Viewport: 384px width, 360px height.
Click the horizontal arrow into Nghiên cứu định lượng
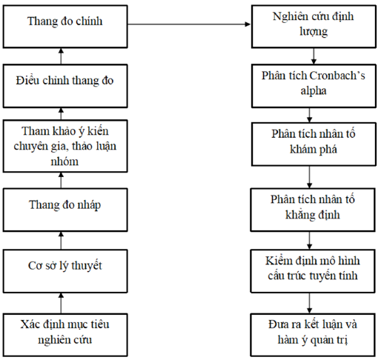click(x=188, y=25)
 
